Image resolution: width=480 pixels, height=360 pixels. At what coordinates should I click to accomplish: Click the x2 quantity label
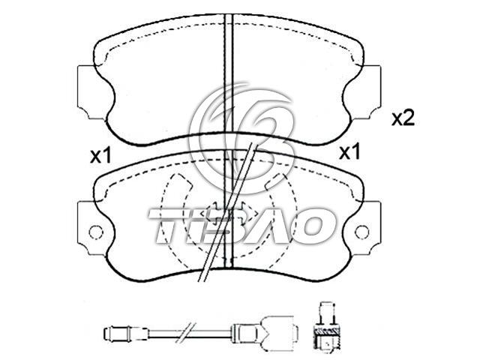(x=403, y=118)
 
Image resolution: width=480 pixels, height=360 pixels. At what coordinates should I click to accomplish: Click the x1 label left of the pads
(x=100, y=156)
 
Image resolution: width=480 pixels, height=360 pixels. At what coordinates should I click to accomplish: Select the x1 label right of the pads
(x=349, y=152)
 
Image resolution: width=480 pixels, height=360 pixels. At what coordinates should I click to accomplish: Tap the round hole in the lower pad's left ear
(x=95, y=232)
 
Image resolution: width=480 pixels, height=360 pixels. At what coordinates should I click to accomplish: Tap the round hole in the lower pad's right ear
(x=361, y=232)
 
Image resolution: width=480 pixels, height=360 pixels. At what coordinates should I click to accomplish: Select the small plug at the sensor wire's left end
(x=126, y=333)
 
